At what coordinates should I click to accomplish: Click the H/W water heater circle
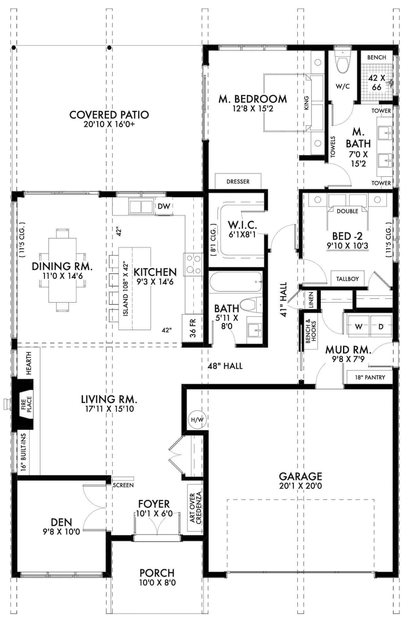(x=197, y=420)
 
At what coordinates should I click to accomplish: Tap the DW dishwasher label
(x=164, y=206)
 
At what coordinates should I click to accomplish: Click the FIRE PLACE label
(x=26, y=404)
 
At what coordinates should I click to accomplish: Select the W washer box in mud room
(x=359, y=327)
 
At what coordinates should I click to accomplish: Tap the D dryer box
(x=381, y=327)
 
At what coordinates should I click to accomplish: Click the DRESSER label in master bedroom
(x=238, y=182)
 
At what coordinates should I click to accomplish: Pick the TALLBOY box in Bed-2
(x=347, y=278)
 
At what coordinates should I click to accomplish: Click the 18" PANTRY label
(x=370, y=377)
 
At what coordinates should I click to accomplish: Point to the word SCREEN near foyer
(x=123, y=485)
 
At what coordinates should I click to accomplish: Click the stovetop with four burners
(x=193, y=264)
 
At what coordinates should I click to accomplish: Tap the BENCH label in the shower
(x=377, y=57)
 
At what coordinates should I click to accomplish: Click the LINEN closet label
(x=311, y=300)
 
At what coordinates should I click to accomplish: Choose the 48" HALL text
(x=225, y=366)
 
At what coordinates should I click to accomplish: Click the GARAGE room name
(x=300, y=476)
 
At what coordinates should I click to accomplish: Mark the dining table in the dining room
(x=63, y=270)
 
